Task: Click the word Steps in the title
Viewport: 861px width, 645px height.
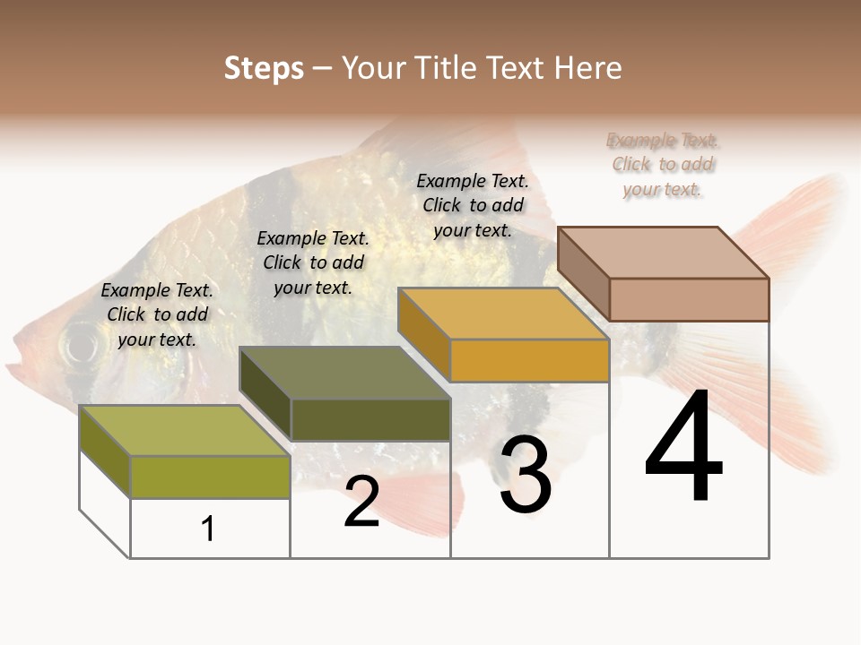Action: click(x=264, y=68)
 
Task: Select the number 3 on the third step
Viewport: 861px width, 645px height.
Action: click(x=526, y=476)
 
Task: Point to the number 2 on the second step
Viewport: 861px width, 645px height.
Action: click(x=362, y=502)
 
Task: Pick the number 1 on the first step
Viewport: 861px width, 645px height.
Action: click(x=208, y=529)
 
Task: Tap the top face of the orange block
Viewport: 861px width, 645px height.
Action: click(x=503, y=314)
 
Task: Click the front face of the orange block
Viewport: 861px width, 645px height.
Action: click(x=529, y=360)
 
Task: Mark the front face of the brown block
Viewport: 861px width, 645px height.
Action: click(x=689, y=299)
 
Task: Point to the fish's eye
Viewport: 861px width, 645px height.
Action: click(x=79, y=343)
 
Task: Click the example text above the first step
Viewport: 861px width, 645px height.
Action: click(x=157, y=314)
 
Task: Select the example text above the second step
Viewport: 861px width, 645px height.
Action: click(x=313, y=262)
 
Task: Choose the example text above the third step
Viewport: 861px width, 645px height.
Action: click(x=473, y=205)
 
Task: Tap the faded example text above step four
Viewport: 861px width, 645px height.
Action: click(x=663, y=165)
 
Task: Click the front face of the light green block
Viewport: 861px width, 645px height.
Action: click(x=210, y=477)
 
